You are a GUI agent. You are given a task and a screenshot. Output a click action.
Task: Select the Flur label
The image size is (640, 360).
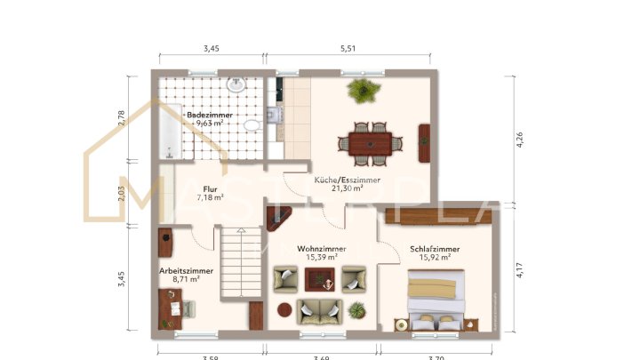(x=210, y=189)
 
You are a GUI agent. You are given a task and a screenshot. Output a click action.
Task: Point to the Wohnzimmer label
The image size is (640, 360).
(x=321, y=249)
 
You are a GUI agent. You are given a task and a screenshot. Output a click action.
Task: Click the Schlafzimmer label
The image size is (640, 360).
(x=435, y=250)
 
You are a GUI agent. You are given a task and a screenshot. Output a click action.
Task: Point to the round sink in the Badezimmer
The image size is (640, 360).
(x=236, y=86)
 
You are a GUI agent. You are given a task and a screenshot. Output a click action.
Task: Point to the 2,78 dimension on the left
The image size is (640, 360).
(x=123, y=116)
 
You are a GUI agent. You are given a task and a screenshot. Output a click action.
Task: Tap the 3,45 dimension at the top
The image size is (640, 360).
(x=211, y=49)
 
